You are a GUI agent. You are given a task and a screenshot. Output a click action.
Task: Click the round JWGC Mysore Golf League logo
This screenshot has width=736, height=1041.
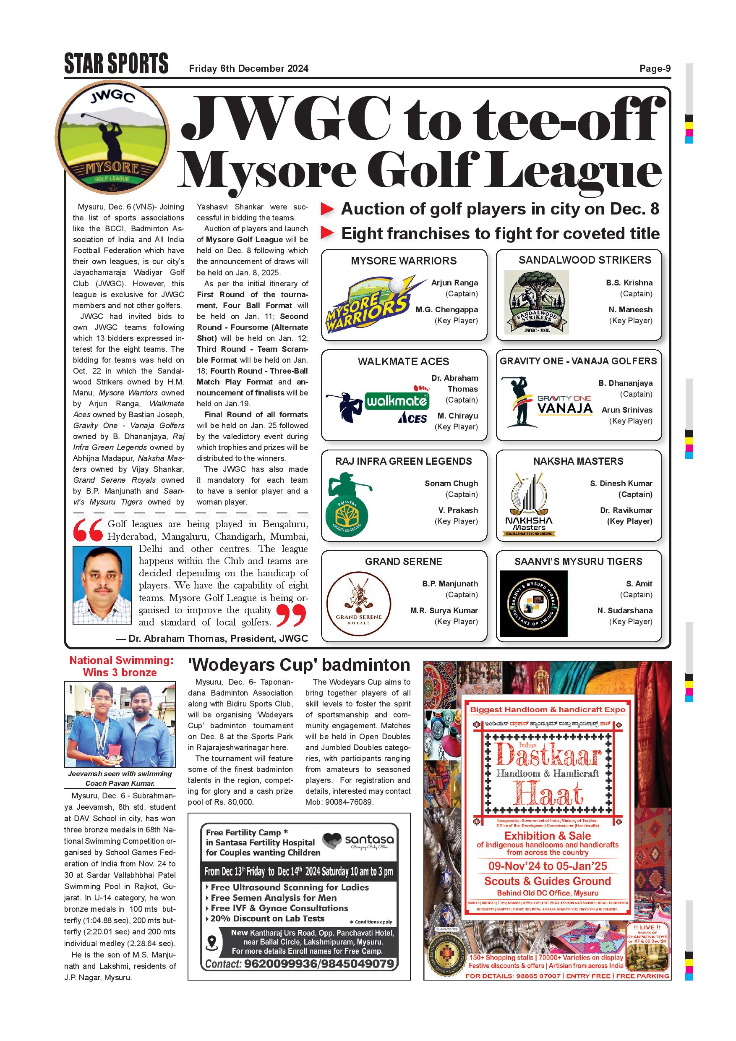tap(112, 137)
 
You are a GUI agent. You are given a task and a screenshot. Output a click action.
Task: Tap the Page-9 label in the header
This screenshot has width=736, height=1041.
tap(655, 68)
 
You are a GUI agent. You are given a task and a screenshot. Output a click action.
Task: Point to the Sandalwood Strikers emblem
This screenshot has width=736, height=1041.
tap(536, 302)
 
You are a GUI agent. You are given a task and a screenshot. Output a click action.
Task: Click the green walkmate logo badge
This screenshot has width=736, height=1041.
tap(397, 400)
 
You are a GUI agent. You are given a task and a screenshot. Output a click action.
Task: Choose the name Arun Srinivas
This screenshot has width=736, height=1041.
tap(627, 410)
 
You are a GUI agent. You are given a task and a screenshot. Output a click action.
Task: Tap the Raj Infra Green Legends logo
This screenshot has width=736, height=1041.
tap(347, 504)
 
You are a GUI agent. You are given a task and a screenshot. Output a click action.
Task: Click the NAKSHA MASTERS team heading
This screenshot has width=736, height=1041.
tap(578, 461)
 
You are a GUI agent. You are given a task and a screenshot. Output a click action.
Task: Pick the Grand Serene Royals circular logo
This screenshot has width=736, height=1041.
tap(358, 604)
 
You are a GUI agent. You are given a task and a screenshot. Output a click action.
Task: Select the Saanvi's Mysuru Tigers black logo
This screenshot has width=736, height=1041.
tap(533, 604)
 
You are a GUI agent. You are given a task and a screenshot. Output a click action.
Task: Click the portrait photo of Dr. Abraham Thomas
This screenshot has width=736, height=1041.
tap(102, 585)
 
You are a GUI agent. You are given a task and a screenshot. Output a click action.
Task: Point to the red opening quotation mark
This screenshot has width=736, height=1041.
tap(88, 530)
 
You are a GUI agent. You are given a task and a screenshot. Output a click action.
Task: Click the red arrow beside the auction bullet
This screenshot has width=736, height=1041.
tap(327, 209)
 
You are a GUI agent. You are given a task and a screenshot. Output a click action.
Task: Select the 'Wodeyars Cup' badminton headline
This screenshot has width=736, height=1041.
tap(299, 664)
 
